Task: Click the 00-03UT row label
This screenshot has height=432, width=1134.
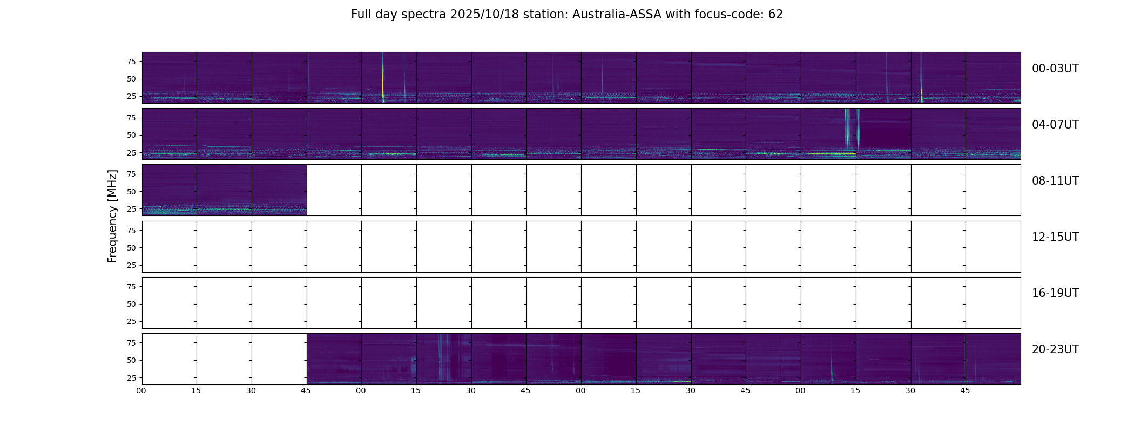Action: tap(1055, 69)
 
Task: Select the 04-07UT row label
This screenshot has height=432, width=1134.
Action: tap(1055, 125)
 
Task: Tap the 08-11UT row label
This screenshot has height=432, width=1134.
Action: tap(1055, 181)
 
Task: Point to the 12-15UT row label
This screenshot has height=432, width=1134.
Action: tap(1055, 237)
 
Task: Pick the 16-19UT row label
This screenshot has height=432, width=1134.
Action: tap(1055, 293)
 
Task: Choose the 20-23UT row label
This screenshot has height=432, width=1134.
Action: tap(1055, 349)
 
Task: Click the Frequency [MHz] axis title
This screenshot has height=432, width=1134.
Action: tap(112, 216)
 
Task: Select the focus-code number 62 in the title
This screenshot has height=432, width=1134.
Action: tap(775, 15)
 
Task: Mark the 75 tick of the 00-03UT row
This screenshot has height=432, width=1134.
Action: tap(131, 62)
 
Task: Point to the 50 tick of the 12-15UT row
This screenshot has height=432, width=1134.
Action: tap(131, 248)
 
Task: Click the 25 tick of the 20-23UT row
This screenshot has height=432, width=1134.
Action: tap(131, 378)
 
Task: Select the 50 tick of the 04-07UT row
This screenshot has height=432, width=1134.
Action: tap(131, 136)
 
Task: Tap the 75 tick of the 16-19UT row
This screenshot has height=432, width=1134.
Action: tap(131, 287)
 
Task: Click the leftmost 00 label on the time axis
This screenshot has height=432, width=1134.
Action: tap(141, 390)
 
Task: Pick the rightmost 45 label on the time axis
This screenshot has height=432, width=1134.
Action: tap(965, 390)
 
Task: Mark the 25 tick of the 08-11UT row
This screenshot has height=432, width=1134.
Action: tap(131, 209)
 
